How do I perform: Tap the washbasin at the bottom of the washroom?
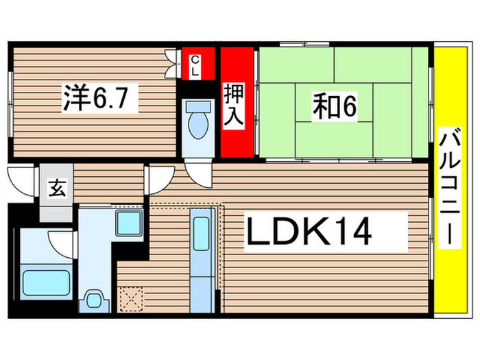pyautogui.click(x=94, y=300)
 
